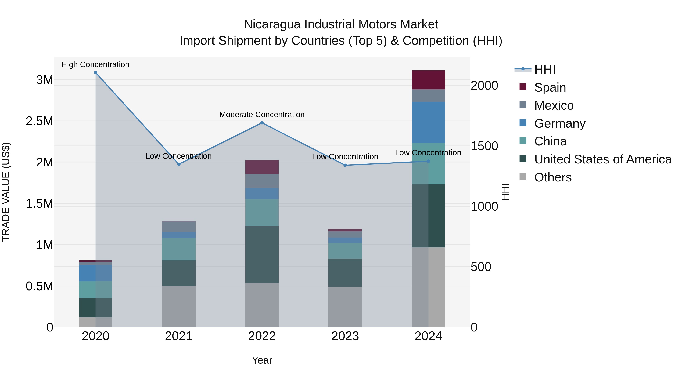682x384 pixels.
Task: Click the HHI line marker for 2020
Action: coord(96,73)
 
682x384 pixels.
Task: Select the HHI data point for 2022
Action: coord(262,123)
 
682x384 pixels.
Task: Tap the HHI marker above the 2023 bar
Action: coord(345,165)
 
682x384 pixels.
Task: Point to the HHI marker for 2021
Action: coord(179,164)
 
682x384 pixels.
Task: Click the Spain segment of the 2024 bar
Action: coord(428,80)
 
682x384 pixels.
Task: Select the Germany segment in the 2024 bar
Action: coord(428,123)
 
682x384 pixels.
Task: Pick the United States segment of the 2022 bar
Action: coord(262,254)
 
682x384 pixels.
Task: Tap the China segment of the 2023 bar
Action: coord(345,251)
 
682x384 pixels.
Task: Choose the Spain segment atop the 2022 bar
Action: coord(262,167)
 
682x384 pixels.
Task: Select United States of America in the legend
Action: coord(603,159)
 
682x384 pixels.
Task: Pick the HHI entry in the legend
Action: coord(545,69)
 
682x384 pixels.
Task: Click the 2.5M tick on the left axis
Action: coord(39,121)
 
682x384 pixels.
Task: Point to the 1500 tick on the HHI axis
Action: coord(484,146)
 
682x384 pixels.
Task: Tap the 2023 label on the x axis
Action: coord(345,336)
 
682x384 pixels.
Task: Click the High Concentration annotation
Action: coord(95,64)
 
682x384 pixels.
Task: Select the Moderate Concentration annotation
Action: coord(262,115)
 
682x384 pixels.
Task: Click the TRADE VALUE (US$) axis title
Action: coord(6,192)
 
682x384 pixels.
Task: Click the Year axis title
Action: coord(262,360)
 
